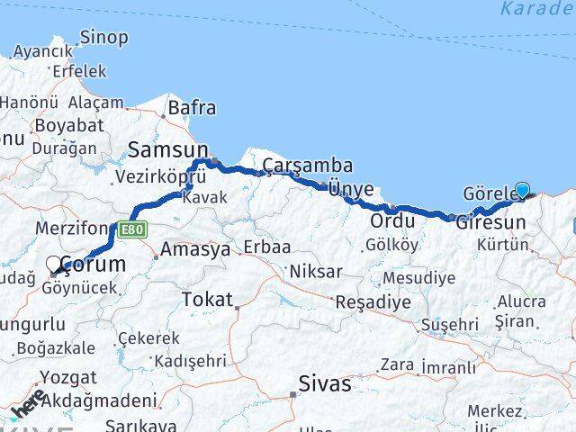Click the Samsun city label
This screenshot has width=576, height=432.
pyautogui.click(x=168, y=149)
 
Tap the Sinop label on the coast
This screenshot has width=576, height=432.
pyautogui.click(x=103, y=38)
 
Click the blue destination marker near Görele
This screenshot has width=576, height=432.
pyautogui.click(x=522, y=190)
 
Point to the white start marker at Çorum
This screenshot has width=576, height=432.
pyautogui.click(x=54, y=265)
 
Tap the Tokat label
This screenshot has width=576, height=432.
pyautogui.click(x=207, y=300)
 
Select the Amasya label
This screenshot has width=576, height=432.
pyautogui.click(x=195, y=250)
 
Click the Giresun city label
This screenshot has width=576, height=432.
pyautogui.click(x=490, y=221)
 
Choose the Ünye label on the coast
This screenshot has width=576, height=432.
pyautogui.click(x=350, y=190)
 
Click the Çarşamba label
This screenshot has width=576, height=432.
pyautogui.click(x=308, y=166)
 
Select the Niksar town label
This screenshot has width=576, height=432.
pyautogui.click(x=315, y=271)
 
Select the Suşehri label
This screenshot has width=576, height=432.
pyautogui.click(x=449, y=324)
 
